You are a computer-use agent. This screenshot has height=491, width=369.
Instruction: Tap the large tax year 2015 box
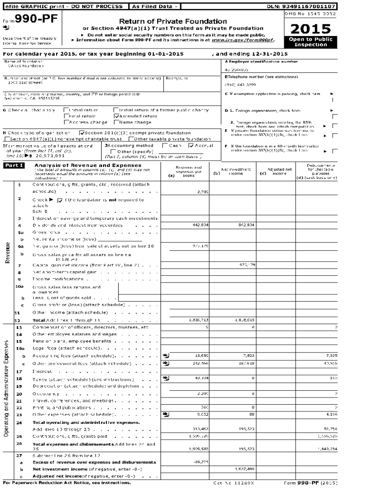pyautogui.click(x=310, y=28)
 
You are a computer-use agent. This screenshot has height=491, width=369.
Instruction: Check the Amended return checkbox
pyautogui.click(x=116, y=116)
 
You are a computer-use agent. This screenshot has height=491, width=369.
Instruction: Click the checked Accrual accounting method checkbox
pyautogui.click(x=191, y=145)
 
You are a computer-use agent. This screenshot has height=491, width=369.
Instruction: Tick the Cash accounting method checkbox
pyautogui.click(x=165, y=145)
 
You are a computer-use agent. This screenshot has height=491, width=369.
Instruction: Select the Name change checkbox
pyautogui.click(x=116, y=122)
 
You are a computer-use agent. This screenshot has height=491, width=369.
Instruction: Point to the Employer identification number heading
pyautogui.click(x=261, y=62)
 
